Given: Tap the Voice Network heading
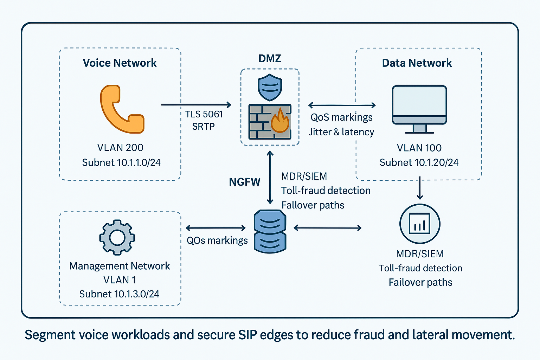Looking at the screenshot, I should click(x=120, y=63).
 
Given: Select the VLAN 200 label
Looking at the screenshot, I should click(x=120, y=147).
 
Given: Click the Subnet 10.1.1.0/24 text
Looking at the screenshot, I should click(x=121, y=162).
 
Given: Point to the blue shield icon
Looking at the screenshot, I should click(x=270, y=87).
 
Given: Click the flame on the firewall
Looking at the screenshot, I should click(x=280, y=121).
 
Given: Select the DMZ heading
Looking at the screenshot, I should click(x=270, y=58).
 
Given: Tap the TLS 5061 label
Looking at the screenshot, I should click(x=204, y=114).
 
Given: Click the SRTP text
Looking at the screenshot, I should click(x=203, y=127).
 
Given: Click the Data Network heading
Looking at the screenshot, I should click(x=417, y=63).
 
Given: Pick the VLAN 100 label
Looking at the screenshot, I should click(x=419, y=148).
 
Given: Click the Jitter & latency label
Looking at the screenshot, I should click(x=341, y=132).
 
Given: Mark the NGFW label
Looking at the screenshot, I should click(x=245, y=182).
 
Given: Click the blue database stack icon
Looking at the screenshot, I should click(x=270, y=231).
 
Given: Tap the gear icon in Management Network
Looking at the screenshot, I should click(x=117, y=237).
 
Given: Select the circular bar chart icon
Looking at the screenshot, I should click(x=419, y=224).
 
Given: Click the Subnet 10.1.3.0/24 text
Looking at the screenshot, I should click(x=119, y=294).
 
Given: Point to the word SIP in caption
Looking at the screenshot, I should click(x=247, y=335).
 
